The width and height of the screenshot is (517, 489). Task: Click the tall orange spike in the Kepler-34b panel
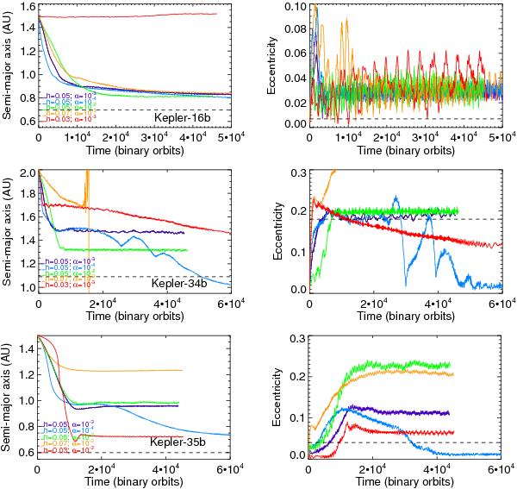(87, 185)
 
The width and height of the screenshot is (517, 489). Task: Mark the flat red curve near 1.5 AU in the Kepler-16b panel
(129, 16)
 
